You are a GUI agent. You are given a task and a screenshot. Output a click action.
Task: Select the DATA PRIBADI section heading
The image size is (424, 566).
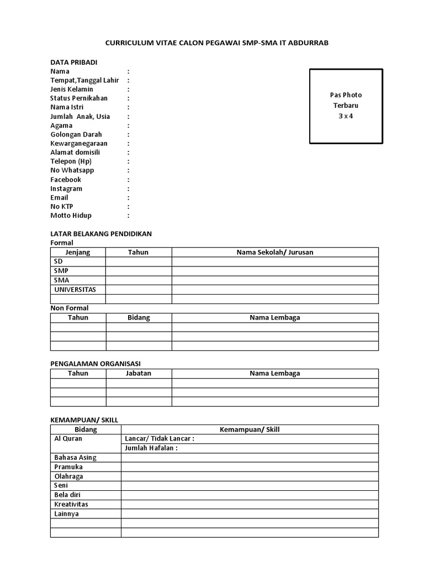point(74,62)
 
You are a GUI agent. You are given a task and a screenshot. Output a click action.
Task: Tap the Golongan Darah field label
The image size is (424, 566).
point(76,134)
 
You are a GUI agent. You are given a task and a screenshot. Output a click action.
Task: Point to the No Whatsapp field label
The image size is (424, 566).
point(72,170)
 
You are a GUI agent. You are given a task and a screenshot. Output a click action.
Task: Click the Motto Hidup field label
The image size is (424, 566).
point(71,216)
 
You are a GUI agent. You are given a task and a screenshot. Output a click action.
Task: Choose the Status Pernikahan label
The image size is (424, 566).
point(79,98)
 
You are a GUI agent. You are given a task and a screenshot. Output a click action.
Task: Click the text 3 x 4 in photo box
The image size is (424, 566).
point(346,116)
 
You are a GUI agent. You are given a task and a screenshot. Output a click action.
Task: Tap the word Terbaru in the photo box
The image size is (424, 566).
point(346,106)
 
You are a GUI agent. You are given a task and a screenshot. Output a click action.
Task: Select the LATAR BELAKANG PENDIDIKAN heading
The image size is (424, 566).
point(101,234)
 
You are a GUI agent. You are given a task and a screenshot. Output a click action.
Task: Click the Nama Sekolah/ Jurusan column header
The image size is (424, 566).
point(275,252)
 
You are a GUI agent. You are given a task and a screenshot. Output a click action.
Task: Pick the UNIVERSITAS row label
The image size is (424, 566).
point(75,290)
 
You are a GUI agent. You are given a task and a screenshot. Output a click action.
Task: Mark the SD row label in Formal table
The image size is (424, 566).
point(59,261)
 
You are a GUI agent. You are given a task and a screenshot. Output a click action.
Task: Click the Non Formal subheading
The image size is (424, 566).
point(70,308)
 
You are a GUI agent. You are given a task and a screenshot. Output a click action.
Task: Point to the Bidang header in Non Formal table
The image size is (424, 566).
point(139,318)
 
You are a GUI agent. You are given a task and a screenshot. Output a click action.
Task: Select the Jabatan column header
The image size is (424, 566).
point(139,373)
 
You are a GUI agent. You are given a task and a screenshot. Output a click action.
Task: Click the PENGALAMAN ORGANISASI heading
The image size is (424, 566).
point(96,363)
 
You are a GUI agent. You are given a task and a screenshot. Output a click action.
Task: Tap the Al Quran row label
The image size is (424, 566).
point(68,439)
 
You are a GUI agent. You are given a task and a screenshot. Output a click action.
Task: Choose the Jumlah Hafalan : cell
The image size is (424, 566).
point(151,448)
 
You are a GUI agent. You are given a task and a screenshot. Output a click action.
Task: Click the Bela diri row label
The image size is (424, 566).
point(67,495)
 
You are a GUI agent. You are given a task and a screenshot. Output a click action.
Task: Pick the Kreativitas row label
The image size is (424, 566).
point(71,504)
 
